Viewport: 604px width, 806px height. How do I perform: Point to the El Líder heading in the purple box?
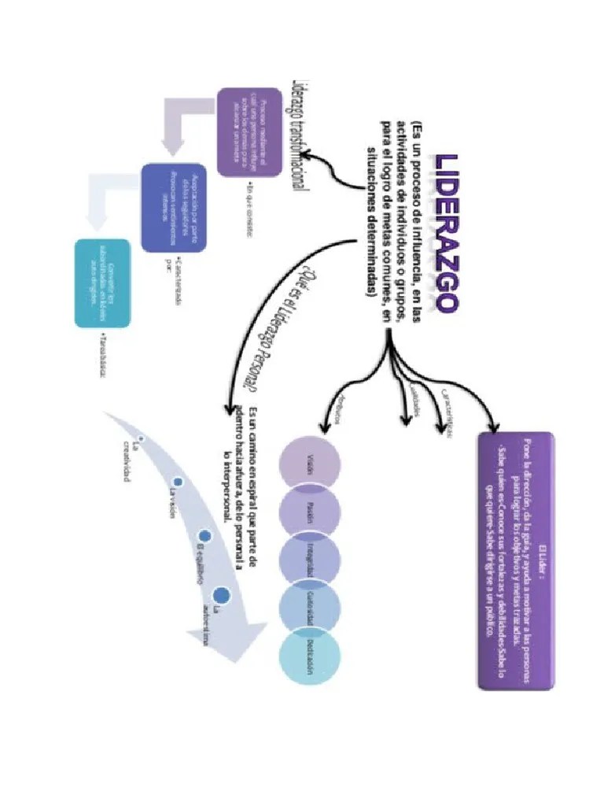pyautogui.click(x=542, y=562)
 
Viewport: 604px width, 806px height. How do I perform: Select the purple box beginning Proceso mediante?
pyautogui.click(x=249, y=131)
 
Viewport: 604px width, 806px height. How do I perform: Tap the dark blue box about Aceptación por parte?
pyautogui.click(x=174, y=208)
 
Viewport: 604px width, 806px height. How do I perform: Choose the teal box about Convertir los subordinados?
pyautogui.click(x=102, y=283)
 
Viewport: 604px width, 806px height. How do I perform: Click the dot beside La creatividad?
pyautogui.click(x=140, y=437)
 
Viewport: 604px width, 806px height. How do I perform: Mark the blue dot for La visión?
pyautogui.click(x=178, y=482)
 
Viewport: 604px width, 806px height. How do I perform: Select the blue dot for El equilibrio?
pyautogui.click(x=204, y=535)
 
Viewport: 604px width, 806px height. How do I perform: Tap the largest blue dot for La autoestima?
pyautogui.click(x=222, y=594)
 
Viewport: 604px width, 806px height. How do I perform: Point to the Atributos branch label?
pyautogui.click(x=336, y=409)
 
